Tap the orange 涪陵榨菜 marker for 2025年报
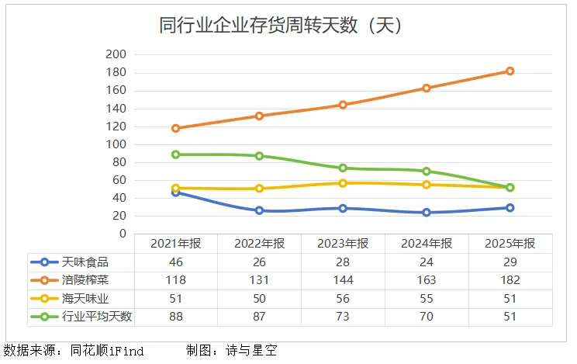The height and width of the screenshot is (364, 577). [510, 71]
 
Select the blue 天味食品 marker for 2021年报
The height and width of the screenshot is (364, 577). [175, 192]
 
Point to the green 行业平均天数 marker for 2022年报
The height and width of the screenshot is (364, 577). [259, 156]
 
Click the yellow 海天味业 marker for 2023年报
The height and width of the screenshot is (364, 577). [343, 183]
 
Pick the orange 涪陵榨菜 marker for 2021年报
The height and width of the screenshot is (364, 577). [175, 128]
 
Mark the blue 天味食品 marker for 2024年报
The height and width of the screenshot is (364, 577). [426, 212]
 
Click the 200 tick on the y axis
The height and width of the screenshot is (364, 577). [116, 54]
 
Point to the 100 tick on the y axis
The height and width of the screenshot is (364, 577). [116, 144]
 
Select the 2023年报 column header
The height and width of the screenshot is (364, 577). [343, 244]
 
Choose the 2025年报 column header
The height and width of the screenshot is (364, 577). [510, 244]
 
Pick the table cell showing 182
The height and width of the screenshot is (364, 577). [510, 280]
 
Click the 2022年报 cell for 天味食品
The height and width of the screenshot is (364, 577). [259, 262]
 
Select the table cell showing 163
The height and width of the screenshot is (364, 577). [426, 280]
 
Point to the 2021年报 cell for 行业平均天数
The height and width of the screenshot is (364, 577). [175, 317]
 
